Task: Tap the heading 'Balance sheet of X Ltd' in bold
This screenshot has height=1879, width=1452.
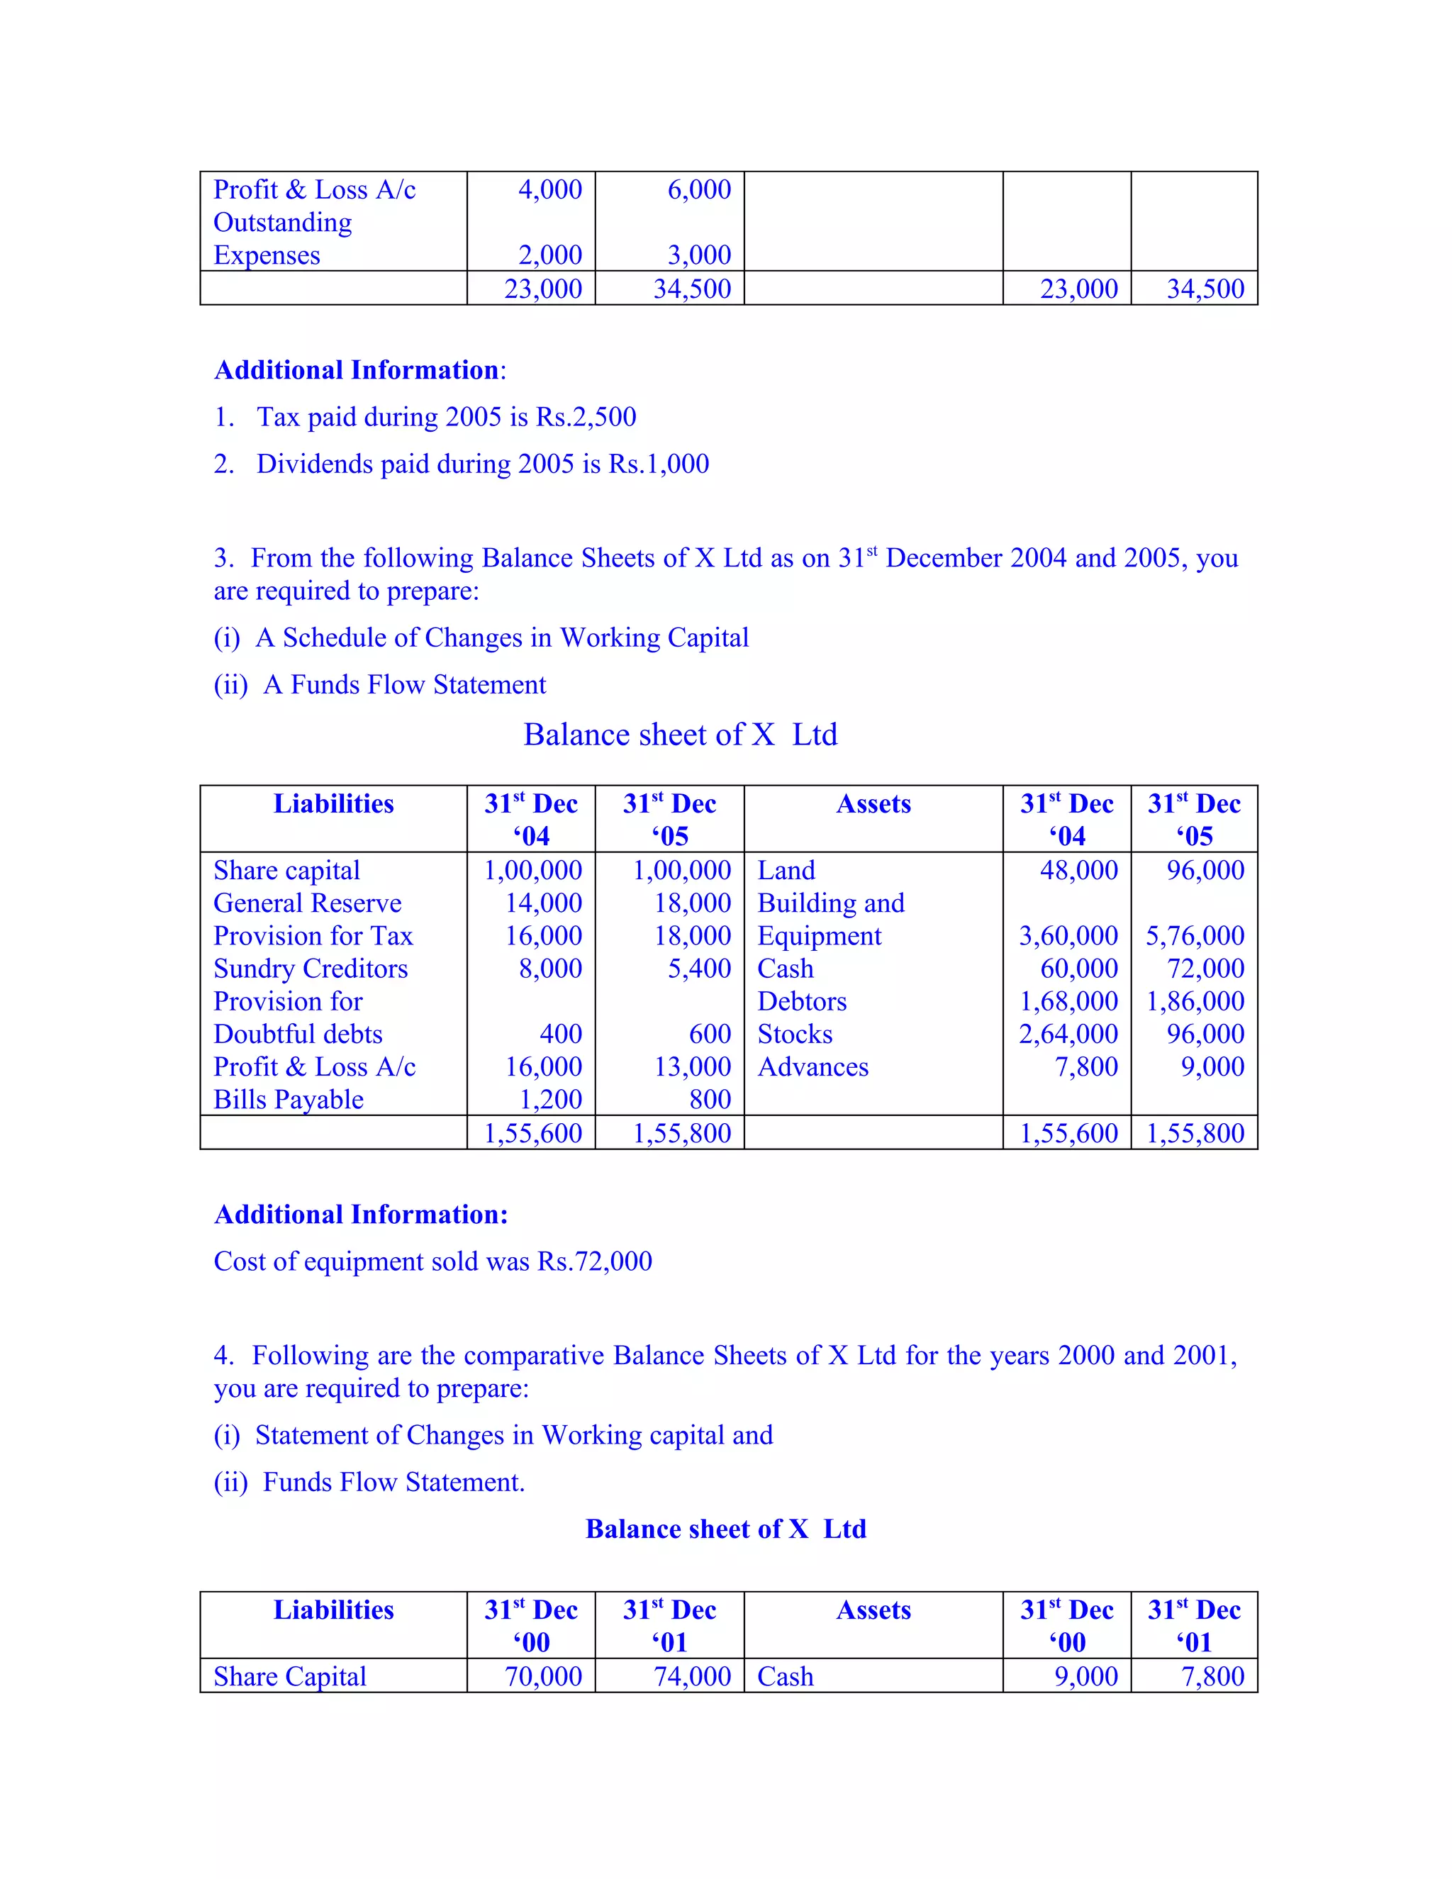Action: [x=725, y=1529]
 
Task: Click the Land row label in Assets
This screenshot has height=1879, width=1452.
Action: [x=786, y=871]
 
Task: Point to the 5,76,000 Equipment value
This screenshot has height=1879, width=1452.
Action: [x=1194, y=936]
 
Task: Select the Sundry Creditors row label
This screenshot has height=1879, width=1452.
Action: [x=311, y=969]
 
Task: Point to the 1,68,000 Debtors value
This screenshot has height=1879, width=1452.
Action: [x=1068, y=1001]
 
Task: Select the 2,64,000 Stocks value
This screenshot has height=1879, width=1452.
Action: [x=1068, y=1034]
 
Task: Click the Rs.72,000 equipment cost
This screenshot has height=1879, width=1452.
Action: [x=594, y=1261]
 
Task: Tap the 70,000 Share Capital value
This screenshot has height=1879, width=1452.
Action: [x=543, y=1677]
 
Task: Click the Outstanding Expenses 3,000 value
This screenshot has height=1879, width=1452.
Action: [x=698, y=255]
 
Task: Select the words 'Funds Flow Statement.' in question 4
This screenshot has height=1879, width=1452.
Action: [x=393, y=1483]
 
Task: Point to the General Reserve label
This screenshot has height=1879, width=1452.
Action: [x=307, y=903]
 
